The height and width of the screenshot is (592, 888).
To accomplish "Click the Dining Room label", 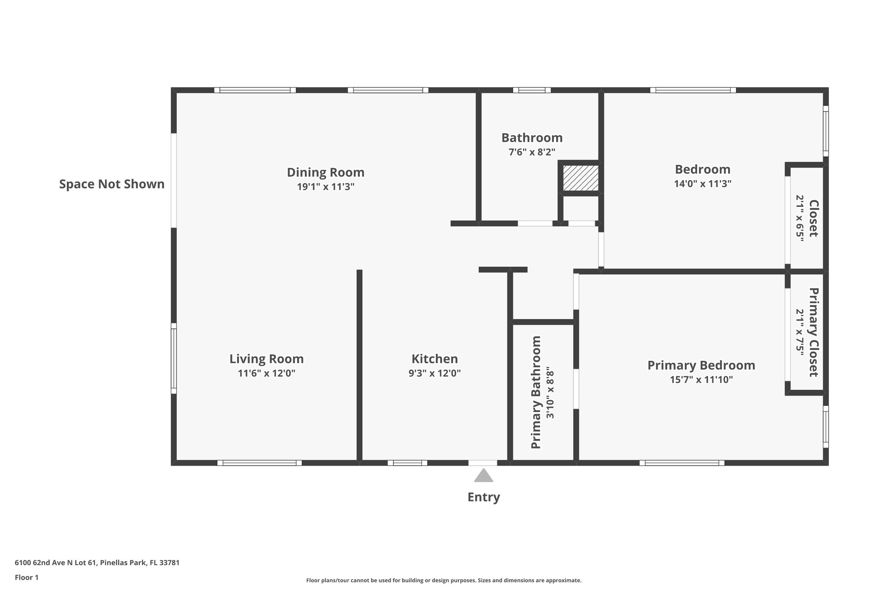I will pos(325,172).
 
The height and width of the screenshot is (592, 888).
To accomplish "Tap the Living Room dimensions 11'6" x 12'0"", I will pos(266,373).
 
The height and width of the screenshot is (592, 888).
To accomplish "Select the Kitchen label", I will pos(434,359).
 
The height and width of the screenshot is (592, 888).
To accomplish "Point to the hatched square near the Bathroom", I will pos(581,177).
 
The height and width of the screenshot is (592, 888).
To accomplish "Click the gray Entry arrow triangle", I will pos(483,476).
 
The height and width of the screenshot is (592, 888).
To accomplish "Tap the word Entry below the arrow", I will pos(483,497).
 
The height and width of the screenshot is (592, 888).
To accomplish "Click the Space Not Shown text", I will pos(112,184).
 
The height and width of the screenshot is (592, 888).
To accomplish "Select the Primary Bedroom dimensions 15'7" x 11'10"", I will pos(701,379).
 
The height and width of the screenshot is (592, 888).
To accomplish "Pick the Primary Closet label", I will pos(813,332).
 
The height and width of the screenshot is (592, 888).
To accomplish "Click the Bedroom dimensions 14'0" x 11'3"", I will pos(702,183).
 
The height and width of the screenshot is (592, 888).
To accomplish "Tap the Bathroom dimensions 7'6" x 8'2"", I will pos(532,152).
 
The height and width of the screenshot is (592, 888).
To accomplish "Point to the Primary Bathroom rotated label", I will pos(536,392).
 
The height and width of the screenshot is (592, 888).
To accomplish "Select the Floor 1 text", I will pos(26,577).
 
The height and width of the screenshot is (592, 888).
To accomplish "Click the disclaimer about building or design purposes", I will pos(444,580).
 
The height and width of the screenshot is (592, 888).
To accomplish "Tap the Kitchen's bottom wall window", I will pos(407,463).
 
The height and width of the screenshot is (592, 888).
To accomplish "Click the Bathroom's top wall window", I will pos(532,90).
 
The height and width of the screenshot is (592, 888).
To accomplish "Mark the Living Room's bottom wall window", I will pos(259,463).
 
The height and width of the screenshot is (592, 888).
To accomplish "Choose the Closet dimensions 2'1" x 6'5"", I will pos(800,218).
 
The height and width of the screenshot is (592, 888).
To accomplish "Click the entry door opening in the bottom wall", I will pos(483,463).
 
